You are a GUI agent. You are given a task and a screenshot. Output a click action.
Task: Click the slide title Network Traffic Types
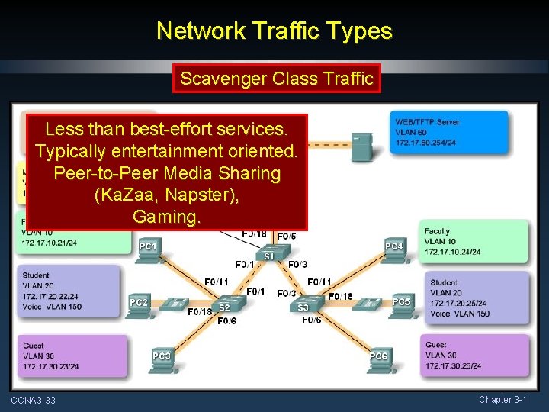274,31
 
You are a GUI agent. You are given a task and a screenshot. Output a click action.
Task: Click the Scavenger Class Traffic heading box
275,78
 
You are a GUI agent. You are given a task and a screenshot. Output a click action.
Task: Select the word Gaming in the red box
166,217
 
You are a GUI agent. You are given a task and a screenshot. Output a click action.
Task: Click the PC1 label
148,246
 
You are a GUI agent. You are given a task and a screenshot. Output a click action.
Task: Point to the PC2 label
139,303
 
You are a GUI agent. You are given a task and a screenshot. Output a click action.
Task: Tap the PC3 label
161,356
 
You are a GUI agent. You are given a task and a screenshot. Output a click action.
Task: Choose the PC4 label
393,246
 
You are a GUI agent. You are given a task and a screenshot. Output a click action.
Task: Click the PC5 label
401,302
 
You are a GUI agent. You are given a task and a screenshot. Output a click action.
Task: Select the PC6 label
378,356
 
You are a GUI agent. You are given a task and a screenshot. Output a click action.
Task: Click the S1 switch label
269,257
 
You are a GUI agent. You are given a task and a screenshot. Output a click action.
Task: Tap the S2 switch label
224,307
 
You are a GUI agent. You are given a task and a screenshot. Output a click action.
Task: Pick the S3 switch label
303,307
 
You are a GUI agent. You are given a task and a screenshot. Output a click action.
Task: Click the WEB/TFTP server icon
361,145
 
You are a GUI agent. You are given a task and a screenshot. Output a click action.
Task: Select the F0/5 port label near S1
287,236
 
